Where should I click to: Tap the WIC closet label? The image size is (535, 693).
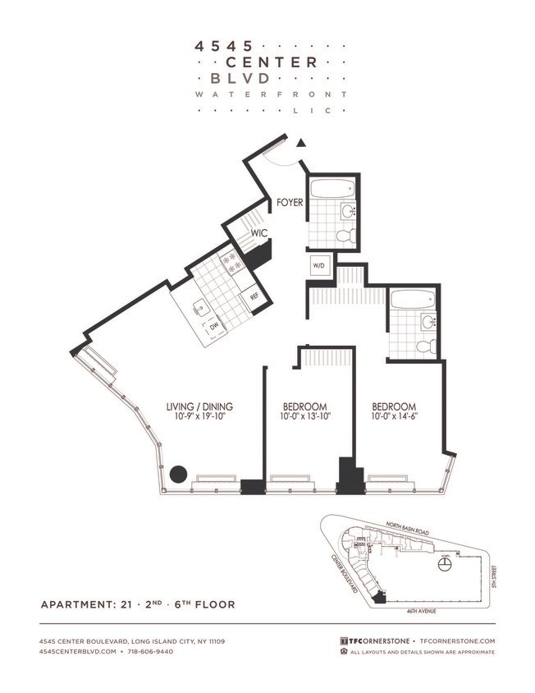261,232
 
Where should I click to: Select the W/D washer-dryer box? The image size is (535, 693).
318,265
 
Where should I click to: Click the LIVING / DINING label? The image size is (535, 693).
200,406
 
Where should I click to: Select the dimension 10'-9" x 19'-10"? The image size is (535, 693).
200,417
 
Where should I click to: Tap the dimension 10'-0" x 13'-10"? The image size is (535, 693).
305,417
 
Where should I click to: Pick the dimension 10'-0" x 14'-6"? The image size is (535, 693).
394,417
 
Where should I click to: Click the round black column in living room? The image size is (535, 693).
179,474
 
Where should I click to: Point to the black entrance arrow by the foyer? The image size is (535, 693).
301,143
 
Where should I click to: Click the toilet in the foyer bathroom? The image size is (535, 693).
345,236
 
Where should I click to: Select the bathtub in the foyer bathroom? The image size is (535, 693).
332,188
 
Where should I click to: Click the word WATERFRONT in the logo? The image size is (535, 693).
271,94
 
